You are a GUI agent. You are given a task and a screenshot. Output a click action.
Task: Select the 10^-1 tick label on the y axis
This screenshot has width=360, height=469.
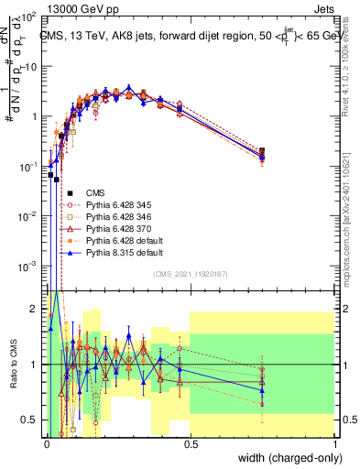(x=27, y=167)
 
